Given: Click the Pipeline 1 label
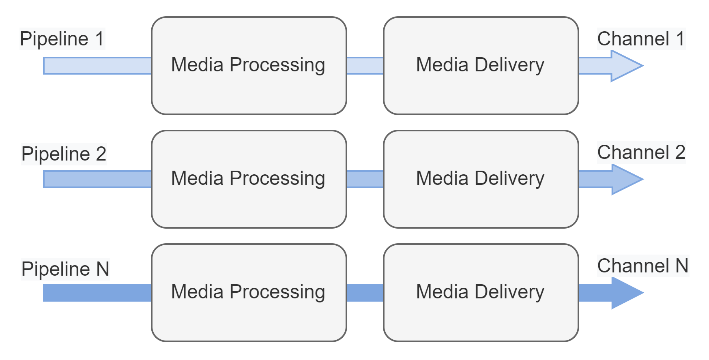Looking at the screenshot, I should point(62,39).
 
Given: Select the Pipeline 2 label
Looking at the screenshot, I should point(64,154).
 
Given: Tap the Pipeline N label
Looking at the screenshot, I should point(65,269).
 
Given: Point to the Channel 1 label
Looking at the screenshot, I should point(641,39).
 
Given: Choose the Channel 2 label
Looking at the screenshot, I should point(641,152).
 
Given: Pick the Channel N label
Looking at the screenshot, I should point(643,266).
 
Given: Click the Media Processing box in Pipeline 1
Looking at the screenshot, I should point(249,65).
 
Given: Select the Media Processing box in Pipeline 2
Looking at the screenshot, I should point(249,179).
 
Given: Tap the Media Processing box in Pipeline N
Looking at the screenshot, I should point(249,292).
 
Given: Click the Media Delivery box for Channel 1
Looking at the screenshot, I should point(481,65).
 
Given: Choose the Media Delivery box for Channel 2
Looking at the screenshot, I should point(481,179).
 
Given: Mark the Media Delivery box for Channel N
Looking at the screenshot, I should point(481,292).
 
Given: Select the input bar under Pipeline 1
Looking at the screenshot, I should point(97,66).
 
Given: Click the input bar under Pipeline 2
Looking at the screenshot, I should point(97,179).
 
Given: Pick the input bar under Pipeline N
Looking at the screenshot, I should point(97,293).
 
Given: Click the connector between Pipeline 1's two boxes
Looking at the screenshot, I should point(365,66).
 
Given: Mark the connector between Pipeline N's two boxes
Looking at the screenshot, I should point(365,293).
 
